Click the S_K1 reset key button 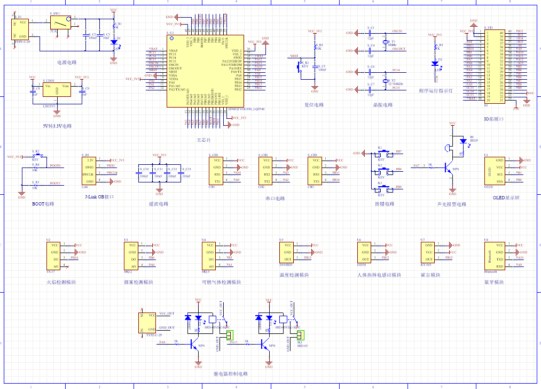coord(300,66)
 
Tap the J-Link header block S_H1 coord(90,171)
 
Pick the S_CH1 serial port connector coord(217,170)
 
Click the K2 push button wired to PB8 coord(381,170)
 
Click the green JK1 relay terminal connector coord(300,335)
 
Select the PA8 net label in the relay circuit coord(162,341)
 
